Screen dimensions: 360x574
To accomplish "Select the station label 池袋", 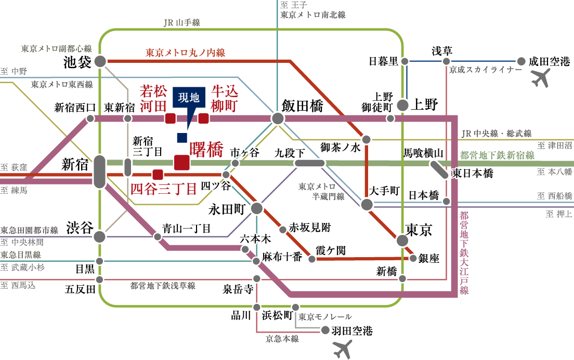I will tap(77, 62).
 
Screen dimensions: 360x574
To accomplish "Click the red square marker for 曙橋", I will tap(181, 162).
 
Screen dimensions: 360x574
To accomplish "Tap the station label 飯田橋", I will tap(302, 106).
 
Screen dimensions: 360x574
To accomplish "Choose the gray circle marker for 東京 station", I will tap(402, 241).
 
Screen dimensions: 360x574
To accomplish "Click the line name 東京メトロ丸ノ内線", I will tap(185, 52).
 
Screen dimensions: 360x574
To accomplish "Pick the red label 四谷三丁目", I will tap(163, 189).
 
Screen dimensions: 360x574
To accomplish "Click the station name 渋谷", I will tap(80, 228).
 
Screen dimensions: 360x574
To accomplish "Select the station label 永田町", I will tap(226, 209).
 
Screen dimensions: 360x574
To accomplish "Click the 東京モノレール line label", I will tap(325, 316).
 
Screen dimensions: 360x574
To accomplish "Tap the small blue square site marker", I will tap(181, 138).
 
